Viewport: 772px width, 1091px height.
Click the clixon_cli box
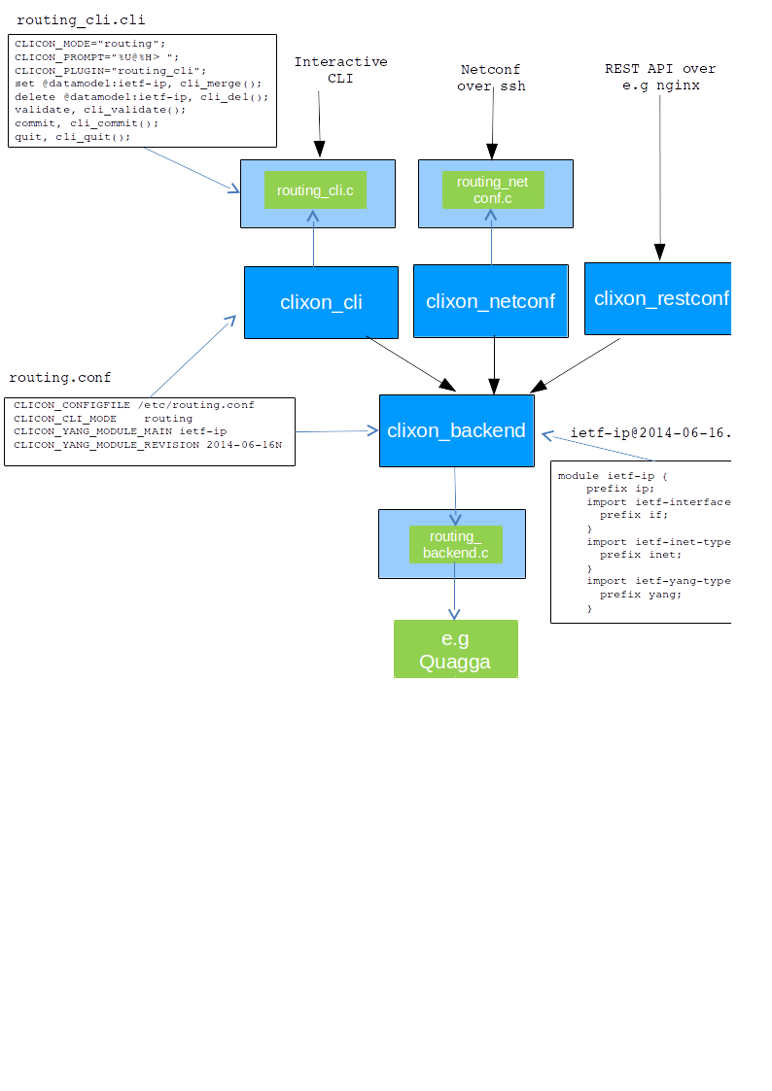tap(321, 302)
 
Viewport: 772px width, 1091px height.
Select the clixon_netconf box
tap(490, 301)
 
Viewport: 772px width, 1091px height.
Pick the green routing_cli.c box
tap(315, 190)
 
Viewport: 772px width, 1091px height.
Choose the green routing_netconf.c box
tap(493, 189)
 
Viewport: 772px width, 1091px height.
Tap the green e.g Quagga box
tap(455, 649)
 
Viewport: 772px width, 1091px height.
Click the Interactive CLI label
tap(340, 70)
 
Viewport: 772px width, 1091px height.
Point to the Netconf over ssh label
tap(491, 78)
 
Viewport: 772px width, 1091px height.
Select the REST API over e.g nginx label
tap(660, 77)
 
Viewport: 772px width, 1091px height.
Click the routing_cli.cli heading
tap(82, 19)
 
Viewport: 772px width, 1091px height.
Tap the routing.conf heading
tap(60, 377)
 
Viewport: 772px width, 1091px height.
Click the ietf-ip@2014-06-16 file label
tap(649, 432)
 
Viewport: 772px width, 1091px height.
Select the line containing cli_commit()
tap(87, 123)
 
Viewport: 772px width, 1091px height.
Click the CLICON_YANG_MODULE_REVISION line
tap(147, 445)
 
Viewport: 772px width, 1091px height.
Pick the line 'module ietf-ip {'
tap(613, 476)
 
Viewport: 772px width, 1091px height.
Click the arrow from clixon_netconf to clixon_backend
tap(495, 366)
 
